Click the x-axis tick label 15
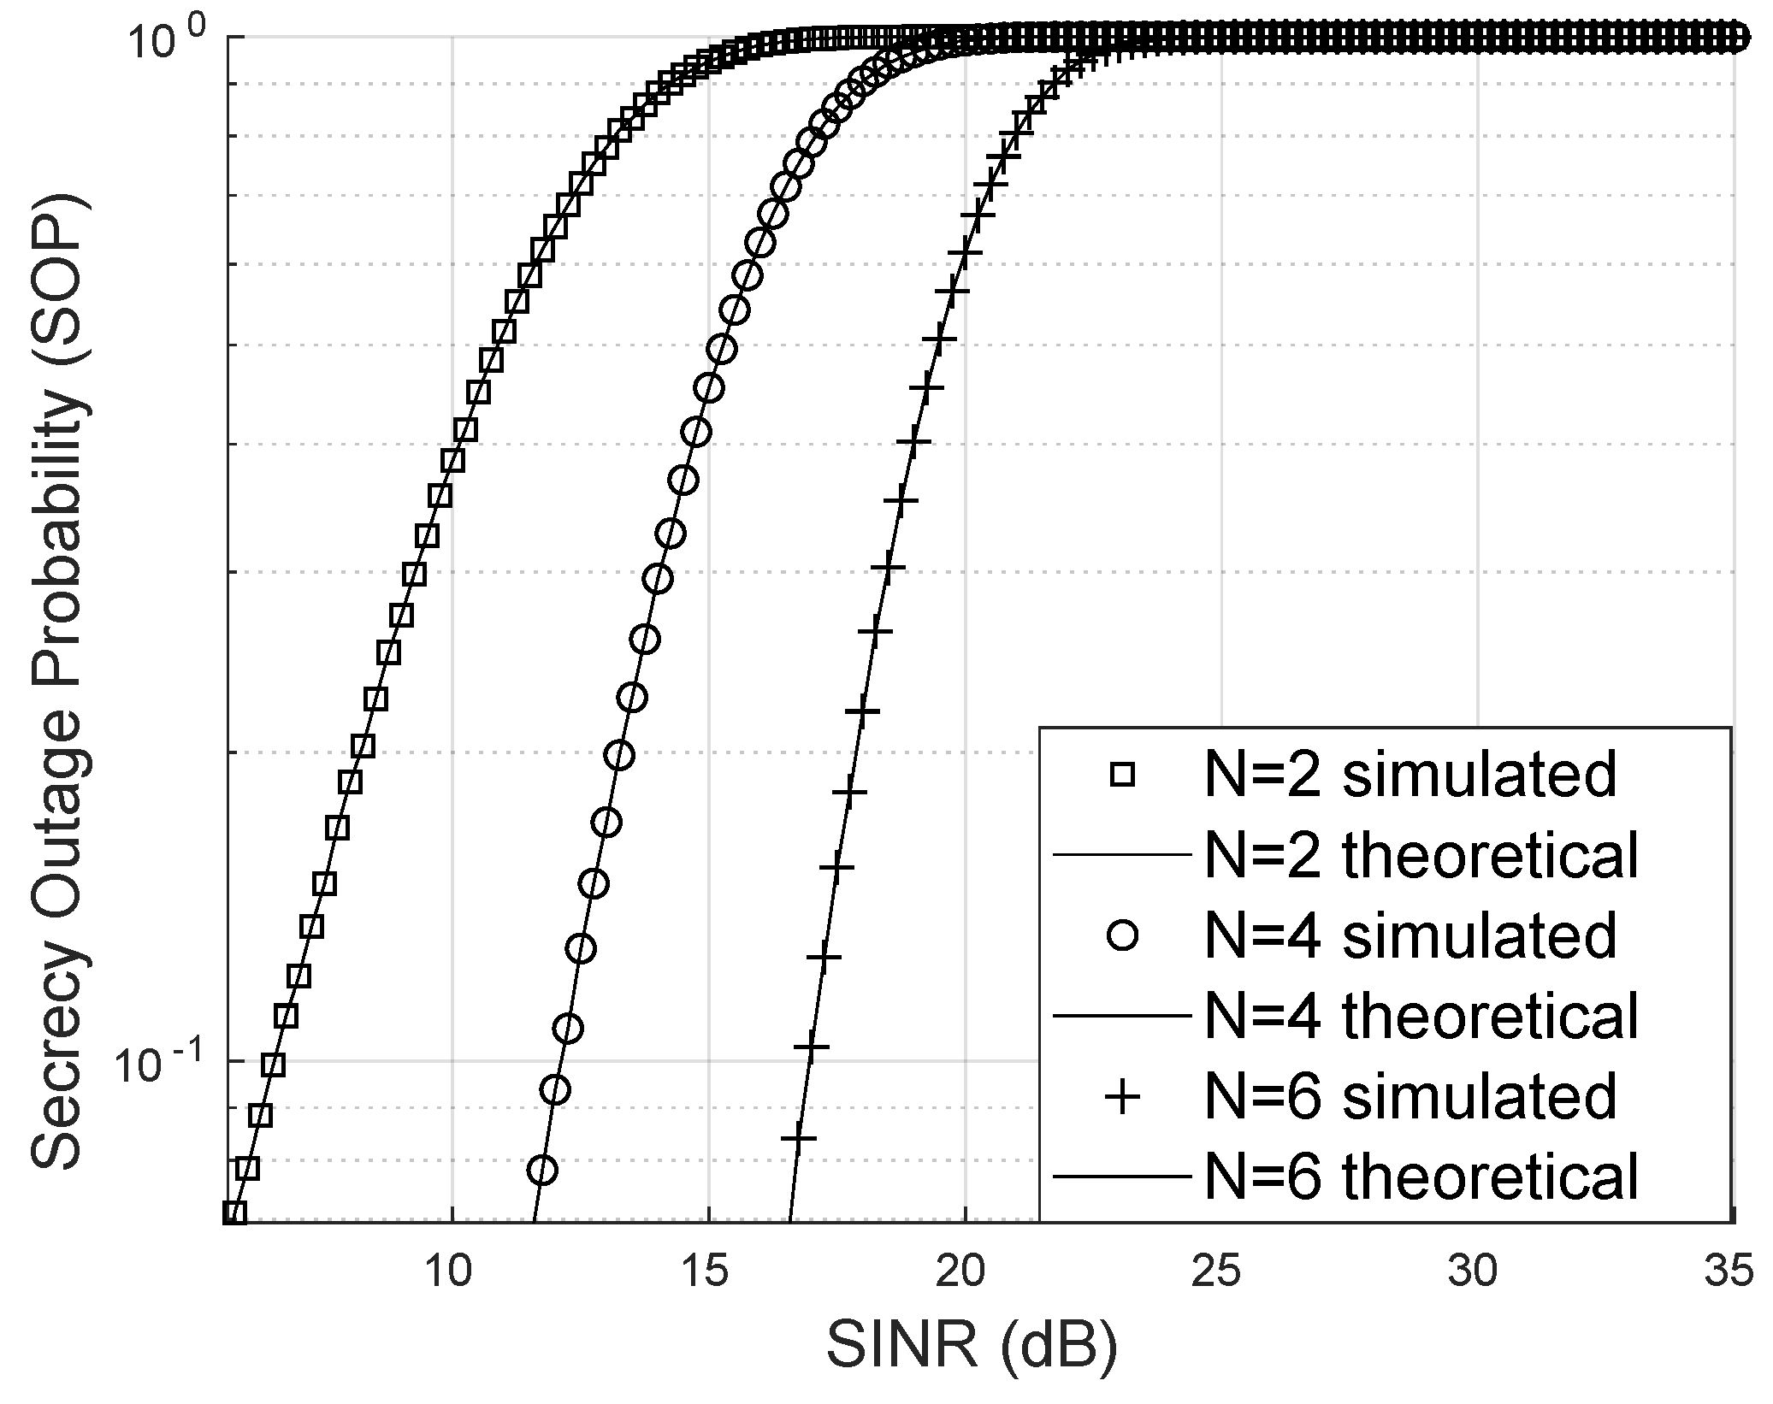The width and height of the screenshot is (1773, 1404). click(x=706, y=1272)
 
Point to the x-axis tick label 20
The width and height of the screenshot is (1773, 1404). click(x=963, y=1272)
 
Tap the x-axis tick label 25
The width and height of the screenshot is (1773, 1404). click(x=1220, y=1272)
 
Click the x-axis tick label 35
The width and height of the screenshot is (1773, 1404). click(x=1728, y=1272)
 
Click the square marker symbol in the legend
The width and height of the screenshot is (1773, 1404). click(x=1121, y=775)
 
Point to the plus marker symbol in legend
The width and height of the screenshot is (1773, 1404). click(x=1121, y=1096)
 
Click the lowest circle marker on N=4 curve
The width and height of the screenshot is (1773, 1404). click(x=542, y=1169)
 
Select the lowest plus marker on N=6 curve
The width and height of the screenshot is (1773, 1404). click(x=798, y=1138)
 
